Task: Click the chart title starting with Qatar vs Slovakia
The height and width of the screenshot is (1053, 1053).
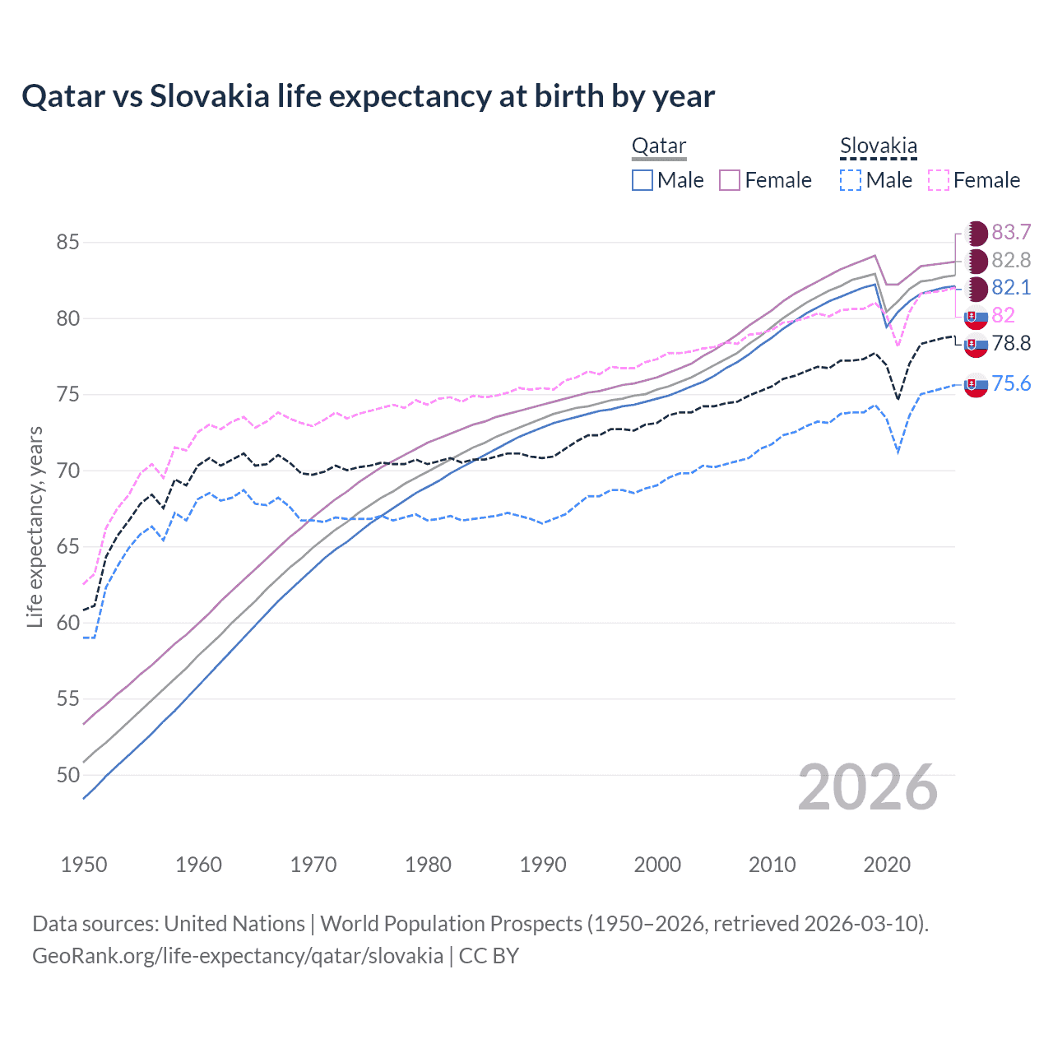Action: (368, 96)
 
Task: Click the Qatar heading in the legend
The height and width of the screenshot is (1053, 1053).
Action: (658, 146)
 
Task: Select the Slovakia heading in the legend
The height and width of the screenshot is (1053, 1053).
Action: (878, 146)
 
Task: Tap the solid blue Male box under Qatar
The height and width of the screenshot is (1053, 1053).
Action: (642, 180)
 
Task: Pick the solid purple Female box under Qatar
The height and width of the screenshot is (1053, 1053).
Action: (730, 180)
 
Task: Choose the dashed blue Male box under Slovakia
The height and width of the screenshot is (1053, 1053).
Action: (851, 180)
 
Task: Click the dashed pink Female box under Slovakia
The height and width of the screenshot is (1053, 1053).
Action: (939, 180)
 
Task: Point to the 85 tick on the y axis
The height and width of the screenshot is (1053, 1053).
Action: (67, 243)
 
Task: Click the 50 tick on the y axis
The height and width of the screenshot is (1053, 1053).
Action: (67, 775)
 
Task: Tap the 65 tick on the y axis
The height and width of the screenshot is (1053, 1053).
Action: (67, 547)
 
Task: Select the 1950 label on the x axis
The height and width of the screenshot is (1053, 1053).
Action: (84, 865)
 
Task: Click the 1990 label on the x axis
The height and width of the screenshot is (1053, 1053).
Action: (543, 865)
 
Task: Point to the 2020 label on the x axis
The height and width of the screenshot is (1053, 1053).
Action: (887, 865)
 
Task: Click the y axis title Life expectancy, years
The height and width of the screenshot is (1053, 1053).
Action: (35, 526)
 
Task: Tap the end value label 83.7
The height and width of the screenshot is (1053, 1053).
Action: (1011, 233)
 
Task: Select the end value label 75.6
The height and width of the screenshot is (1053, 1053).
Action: (1011, 384)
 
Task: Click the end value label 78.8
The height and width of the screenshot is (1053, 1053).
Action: (1011, 344)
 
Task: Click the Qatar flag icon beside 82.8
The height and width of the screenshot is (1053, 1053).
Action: (976, 261)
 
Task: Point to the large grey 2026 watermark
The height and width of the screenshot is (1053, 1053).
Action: (867, 787)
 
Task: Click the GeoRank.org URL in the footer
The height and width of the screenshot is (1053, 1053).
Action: (238, 956)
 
